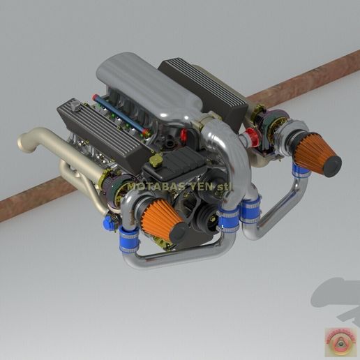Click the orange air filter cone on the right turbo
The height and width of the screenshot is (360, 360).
pos(312,149)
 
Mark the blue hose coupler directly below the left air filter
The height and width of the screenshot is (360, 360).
pos(129,240)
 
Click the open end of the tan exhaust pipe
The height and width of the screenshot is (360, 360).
pos(23,143)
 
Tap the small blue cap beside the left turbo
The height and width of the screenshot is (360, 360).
pos(110,223)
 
